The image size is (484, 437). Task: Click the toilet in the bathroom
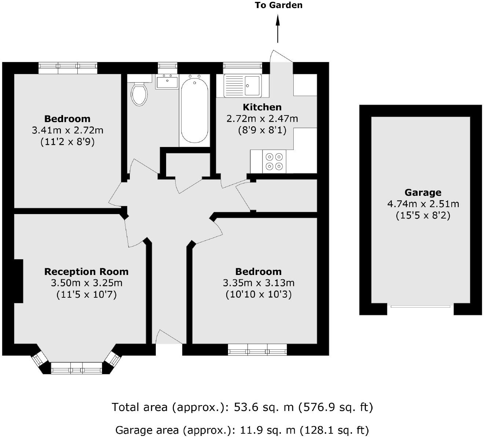point(139,93)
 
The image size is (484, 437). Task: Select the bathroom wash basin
point(167,81)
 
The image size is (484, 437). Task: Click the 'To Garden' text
point(279,5)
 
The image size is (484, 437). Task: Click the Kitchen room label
point(262,107)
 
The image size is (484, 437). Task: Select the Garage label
point(423,192)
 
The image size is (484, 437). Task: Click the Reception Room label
point(86,272)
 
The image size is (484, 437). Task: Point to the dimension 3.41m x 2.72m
point(67,130)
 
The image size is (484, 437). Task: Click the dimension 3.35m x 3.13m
point(258,283)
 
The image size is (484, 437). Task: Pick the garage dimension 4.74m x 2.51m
point(423,204)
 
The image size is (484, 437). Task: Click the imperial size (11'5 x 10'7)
point(86,294)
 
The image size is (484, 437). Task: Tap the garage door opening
point(420,306)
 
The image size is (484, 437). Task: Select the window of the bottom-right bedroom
point(257,349)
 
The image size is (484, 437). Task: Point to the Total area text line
point(242,407)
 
